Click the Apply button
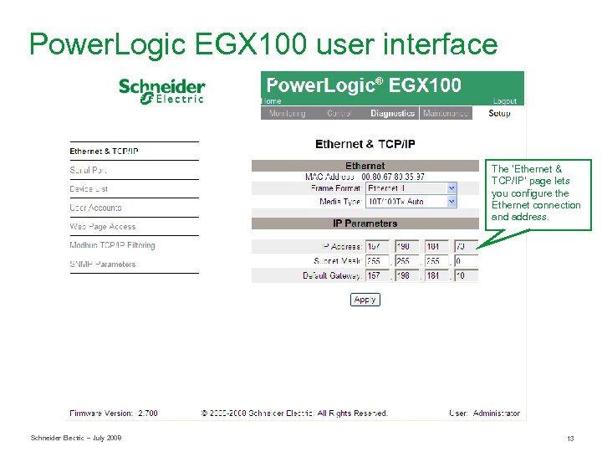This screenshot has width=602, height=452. [x=365, y=300]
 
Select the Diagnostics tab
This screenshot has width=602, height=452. [x=392, y=113]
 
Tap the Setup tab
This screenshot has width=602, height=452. [x=499, y=113]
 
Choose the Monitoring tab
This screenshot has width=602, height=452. [x=287, y=113]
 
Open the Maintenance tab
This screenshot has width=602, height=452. [x=446, y=113]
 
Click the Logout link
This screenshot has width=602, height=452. [x=505, y=101]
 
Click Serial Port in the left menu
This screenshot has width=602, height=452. [x=89, y=170]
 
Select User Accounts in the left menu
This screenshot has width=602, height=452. [x=95, y=208]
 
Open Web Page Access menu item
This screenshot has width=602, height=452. [x=102, y=227]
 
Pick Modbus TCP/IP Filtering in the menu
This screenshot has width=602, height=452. [x=112, y=245]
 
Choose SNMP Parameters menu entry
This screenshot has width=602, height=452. [x=102, y=265]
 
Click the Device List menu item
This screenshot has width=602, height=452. [x=89, y=189]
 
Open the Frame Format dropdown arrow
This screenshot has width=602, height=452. [x=451, y=189]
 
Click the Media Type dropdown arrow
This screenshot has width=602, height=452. [x=451, y=202]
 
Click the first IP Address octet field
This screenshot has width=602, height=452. [x=377, y=247]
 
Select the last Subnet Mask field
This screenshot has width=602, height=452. [x=466, y=261]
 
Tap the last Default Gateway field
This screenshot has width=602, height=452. [x=466, y=275]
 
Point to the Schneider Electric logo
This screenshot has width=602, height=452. [x=162, y=90]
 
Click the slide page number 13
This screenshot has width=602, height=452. [x=570, y=439]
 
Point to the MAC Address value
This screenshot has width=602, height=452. [x=393, y=177]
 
